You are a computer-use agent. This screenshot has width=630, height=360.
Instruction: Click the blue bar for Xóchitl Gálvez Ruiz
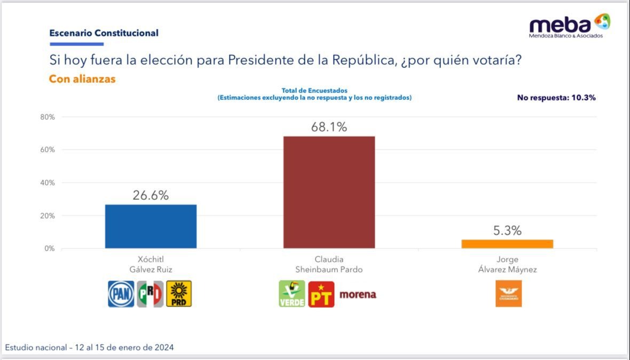tap(151, 226)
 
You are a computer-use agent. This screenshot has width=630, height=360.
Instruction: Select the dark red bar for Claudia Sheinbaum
tap(329, 192)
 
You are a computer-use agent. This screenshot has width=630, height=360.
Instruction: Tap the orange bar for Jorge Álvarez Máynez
tap(507, 244)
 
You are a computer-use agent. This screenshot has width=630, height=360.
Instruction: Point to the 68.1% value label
tap(329, 127)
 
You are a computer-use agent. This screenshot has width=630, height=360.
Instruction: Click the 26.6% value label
tap(151, 195)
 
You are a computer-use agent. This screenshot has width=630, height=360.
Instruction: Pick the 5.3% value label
tap(507, 231)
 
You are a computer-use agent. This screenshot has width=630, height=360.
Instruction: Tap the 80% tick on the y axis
tap(48, 117)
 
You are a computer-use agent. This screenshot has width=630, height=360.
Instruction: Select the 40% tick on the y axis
tap(48, 183)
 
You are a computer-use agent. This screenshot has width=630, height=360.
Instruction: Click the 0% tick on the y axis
tap(49, 248)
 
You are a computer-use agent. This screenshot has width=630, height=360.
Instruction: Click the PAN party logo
tap(121, 294)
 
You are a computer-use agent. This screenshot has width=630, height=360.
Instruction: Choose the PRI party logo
tap(150, 294)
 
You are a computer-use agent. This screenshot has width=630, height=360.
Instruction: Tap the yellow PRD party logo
tap(179, 294)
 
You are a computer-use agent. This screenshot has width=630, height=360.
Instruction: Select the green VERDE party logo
tap(292, 294)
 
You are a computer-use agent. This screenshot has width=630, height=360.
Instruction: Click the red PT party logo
tap(321, 294)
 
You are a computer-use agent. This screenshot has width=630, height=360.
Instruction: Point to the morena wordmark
tap(358, 294)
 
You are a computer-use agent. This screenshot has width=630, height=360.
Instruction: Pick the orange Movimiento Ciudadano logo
tap(508, 293)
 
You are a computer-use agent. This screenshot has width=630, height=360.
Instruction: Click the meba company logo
tap(569, 26)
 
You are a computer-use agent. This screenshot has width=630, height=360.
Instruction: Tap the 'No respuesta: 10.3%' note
tap(556, 98)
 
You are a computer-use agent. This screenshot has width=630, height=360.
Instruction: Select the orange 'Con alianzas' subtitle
tap(82, 79)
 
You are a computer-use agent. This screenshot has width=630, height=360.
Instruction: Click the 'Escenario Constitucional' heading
tap(104, 33)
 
